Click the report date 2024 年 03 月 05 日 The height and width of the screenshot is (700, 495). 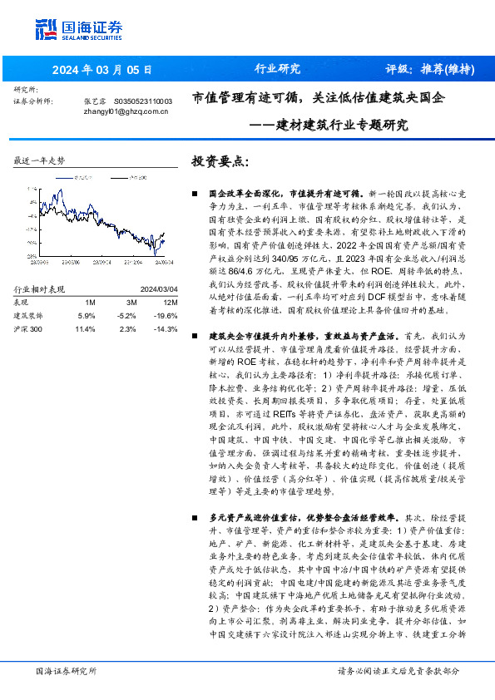click(103, 69)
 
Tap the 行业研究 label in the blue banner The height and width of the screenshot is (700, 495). click(276, 69)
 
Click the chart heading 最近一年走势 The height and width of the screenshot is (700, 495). click(40, 160)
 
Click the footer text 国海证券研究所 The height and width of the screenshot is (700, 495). click(67, 670)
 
